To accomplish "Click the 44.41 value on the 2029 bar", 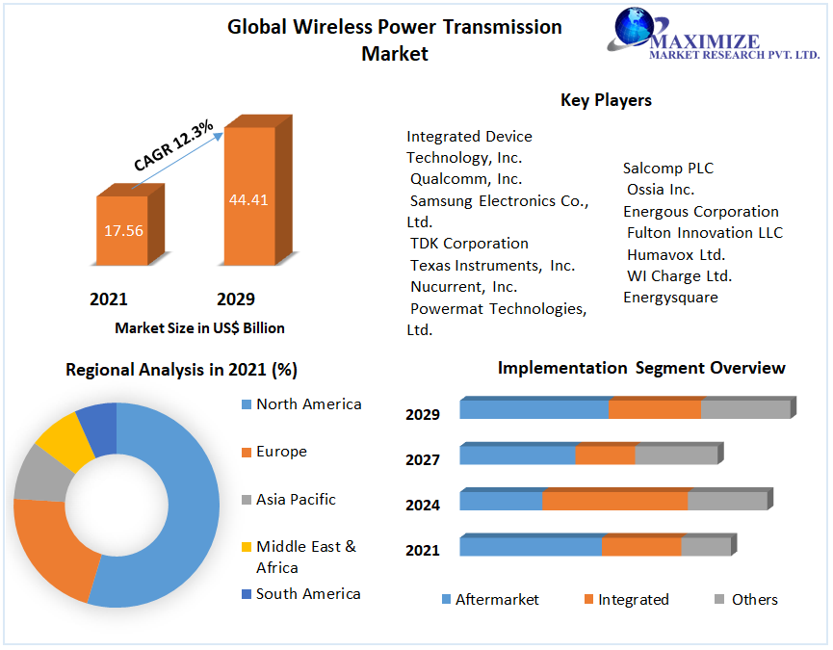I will [247, 200].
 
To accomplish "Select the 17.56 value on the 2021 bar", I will [123, 230].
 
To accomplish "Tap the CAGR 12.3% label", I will [173, 147].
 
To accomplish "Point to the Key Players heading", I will [606, 100].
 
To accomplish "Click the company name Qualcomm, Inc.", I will [466, 179].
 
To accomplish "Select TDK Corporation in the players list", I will [469, 244].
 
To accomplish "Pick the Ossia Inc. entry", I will [660, 190].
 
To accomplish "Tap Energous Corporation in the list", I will [700, 212].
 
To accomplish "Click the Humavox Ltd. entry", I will [675, 255].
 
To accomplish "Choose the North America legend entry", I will [308, 404].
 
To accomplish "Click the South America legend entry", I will [308, 594].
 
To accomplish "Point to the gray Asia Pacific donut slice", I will [36, 473].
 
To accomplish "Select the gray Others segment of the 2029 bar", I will [744, 409].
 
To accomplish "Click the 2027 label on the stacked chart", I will [423, 460].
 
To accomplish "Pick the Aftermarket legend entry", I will [497, 600].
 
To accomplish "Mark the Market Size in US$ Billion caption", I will [199, 328].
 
